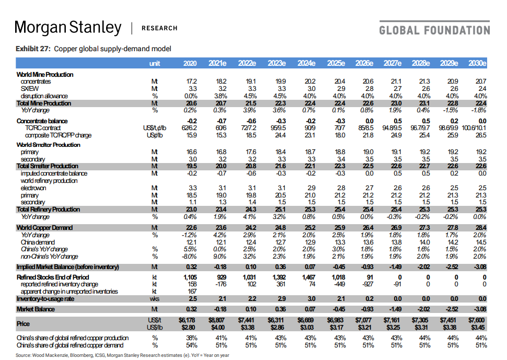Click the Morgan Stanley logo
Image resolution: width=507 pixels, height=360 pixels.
click(x=68, y=27)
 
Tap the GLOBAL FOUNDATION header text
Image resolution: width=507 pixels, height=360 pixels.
click(x=434, y=30)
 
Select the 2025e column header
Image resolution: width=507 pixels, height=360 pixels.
click(x=335, y=63)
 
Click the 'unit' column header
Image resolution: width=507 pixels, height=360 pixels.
click(x=154, y=63)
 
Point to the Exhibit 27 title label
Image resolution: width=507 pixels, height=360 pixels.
click(x=94, y=49)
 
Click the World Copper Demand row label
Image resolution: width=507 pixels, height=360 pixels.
click(x=45, y=227)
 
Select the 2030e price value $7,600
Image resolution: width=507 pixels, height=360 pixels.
click(x=476, y=320)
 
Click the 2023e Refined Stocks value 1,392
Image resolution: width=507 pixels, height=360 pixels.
click(x=275, y=277)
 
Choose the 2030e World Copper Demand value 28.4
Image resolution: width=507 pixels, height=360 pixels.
click(x=479, y=227)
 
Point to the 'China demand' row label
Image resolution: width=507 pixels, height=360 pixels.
click(x=38, y=242)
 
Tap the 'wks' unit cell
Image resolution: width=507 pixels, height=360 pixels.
click(x=154, y=298)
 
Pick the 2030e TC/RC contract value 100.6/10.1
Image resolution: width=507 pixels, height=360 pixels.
click(x=474, y=128)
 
